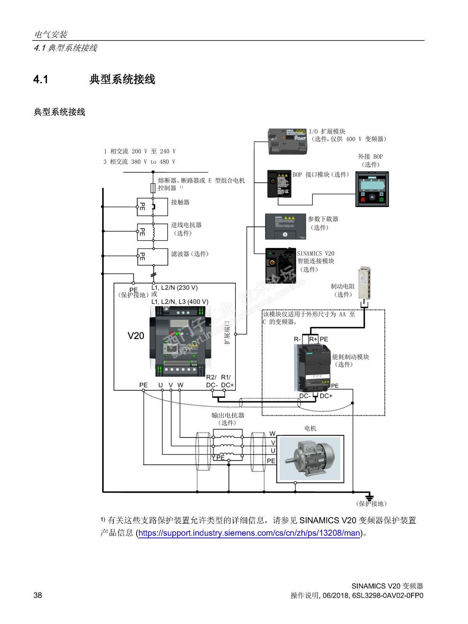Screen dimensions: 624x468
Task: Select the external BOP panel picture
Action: coord(372,189)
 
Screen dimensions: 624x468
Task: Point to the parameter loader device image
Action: coord(285,226)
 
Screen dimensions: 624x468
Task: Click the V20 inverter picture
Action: coord(179,342)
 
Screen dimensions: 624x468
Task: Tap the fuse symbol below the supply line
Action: coord(153,188)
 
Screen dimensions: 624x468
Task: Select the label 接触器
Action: coord(180,202)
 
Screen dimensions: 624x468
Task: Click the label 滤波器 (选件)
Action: coord(190,254)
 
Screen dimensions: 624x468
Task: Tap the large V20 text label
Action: coord(136,335)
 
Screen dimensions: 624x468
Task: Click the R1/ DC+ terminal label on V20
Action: coord(227,381)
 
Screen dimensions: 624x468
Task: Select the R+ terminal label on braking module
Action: coord(313,339)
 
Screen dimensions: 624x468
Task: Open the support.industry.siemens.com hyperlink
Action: coord(249,532)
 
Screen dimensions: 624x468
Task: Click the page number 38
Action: coord(38,595)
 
